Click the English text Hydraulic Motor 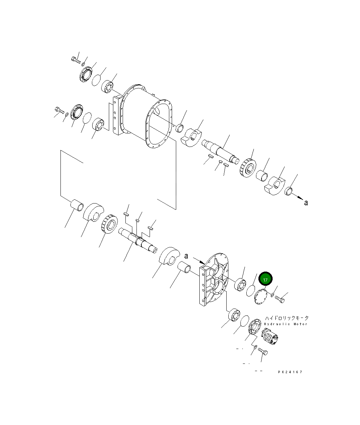[x=285, y=324]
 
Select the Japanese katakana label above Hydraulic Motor [x=287, y=318]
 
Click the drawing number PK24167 [x=290, y=372]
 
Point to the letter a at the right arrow [x=306, y=203]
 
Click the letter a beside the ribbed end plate [x=186, y=256]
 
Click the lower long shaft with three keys [x=138, y=240]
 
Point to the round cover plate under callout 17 [x=259, y=296]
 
